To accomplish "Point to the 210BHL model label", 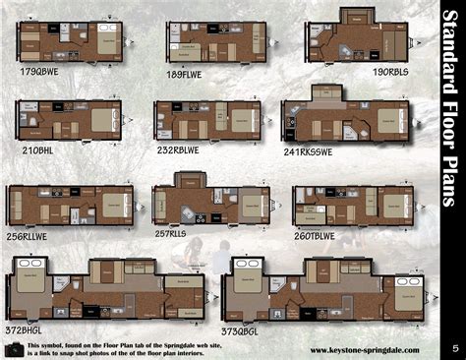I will click(39, 150).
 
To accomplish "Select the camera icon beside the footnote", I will click(15, 348).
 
